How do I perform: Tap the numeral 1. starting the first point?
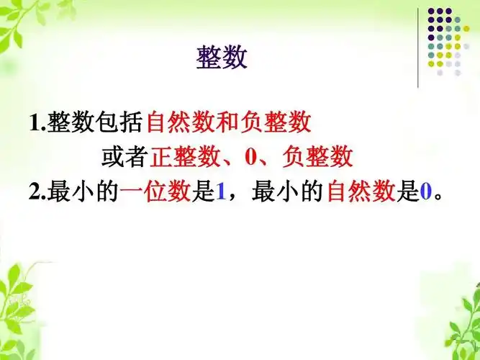click(37, 123)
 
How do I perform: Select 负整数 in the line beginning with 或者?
click(317, 156)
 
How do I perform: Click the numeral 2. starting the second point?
click(37, 192)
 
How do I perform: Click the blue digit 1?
click(221, 192)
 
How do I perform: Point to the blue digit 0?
click(425, 192)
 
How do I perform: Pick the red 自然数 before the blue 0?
click(362, 192)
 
